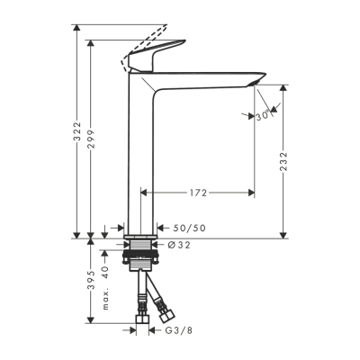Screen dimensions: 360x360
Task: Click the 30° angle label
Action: click(263, 116)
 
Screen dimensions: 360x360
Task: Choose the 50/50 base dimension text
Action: click(189, 229)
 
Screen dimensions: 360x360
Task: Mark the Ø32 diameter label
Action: click(177, 244)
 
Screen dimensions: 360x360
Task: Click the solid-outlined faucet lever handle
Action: click(158, 59)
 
